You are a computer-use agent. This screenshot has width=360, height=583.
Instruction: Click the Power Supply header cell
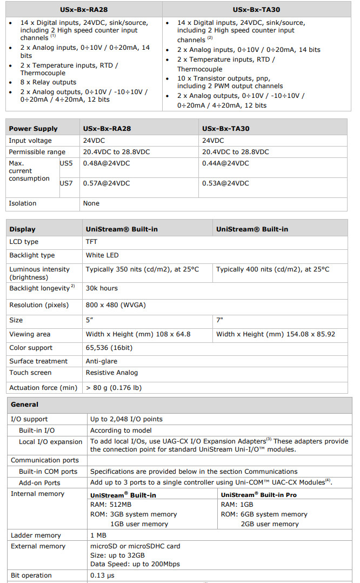(33, 129)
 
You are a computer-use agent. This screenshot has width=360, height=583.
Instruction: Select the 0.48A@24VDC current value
(106, 163)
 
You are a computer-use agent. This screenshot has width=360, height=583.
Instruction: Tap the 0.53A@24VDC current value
(225, 183)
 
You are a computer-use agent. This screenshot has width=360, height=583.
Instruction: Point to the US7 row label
(66, 183)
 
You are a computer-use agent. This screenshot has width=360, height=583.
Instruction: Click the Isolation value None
(91, 203)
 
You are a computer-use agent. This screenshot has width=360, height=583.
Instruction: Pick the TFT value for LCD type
(92, 242)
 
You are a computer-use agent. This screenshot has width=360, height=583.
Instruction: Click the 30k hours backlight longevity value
(102, 288)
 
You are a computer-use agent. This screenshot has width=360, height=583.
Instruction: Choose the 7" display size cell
(219, 320)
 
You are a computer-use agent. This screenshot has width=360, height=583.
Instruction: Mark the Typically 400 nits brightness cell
(272, 269)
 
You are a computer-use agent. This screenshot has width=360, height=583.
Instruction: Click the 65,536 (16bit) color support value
(108, 348)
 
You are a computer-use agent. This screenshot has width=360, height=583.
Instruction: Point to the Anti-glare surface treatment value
(101, 361)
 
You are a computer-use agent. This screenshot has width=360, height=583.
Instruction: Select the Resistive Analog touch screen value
(111, 373)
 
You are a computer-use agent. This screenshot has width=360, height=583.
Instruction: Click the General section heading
(24, 405)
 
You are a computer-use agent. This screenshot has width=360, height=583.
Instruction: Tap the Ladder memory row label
(36, 535)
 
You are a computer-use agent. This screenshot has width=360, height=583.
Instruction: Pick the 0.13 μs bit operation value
(103, 575)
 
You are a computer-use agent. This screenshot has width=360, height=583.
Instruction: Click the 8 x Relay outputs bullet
(49, 82)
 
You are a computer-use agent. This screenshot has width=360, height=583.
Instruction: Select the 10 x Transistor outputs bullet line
(223, 78)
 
